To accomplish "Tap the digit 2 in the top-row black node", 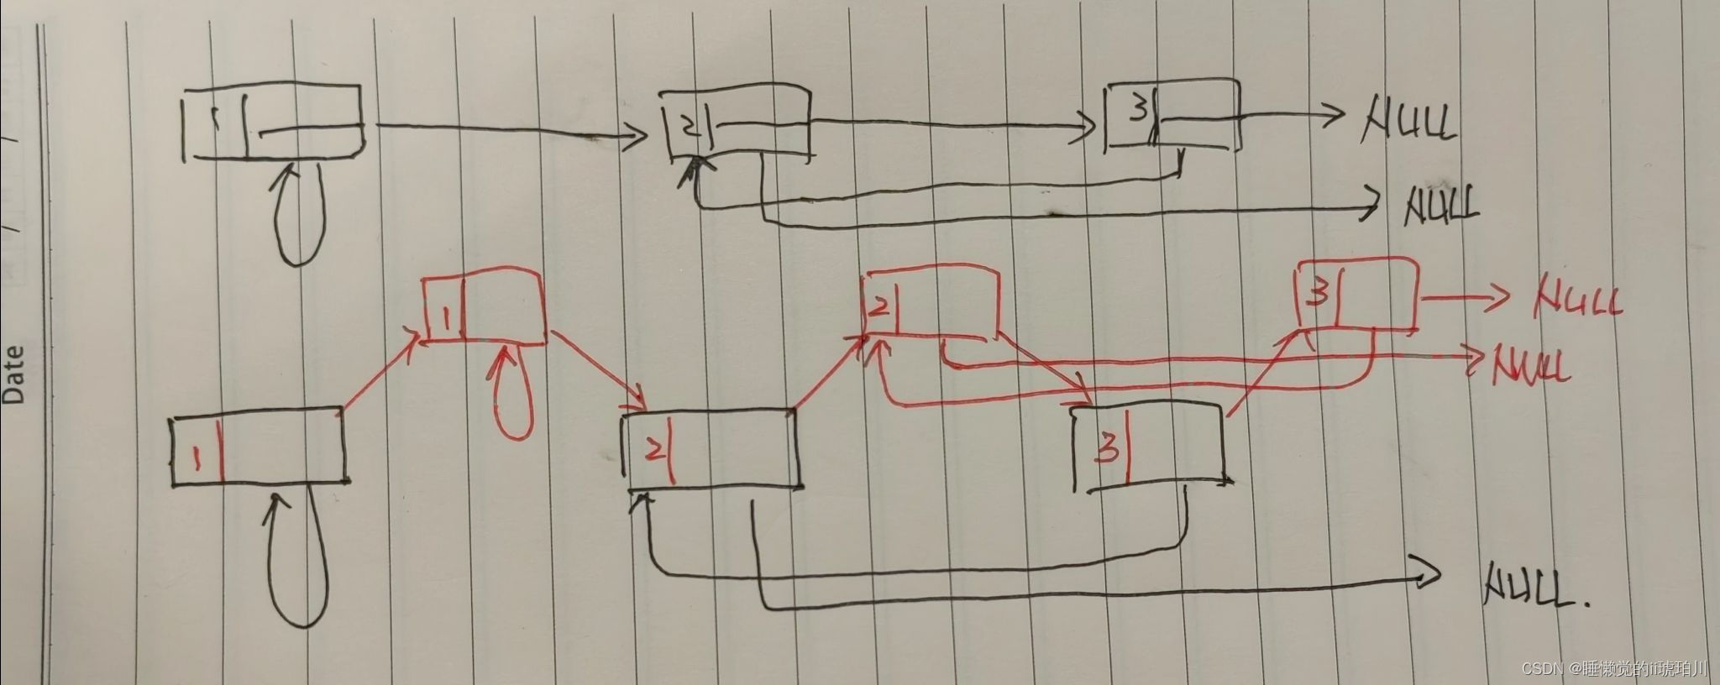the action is tap(689, 128).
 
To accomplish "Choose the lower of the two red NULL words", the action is tap(1530, 367).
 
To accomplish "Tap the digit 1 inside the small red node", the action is tap(447, 318).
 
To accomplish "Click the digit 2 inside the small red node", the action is tap(878, 307).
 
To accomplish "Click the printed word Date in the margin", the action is tap(14, 374).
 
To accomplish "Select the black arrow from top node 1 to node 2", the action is tap(504, 128).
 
